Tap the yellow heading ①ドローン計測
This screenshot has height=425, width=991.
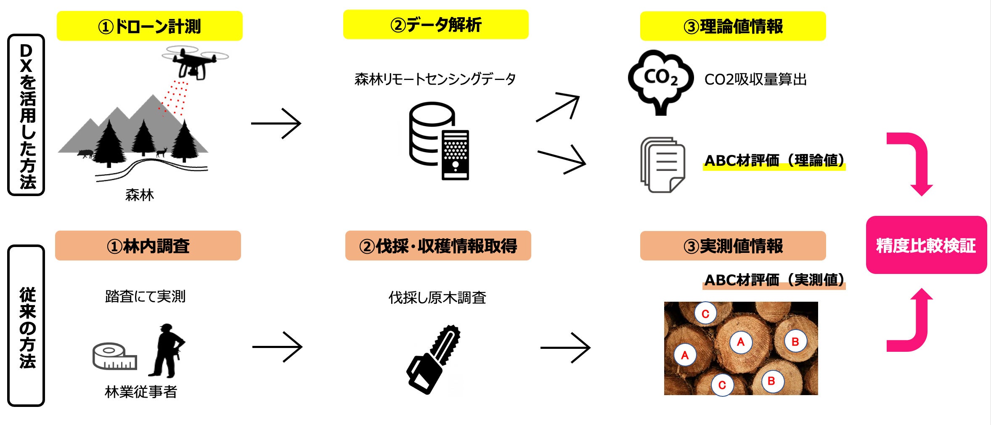(x=149, y=26)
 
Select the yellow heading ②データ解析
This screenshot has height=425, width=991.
(x=436, y=25)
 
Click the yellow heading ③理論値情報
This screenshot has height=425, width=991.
(x=733, y=26)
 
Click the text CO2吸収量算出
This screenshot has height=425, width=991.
(x=755, y=80)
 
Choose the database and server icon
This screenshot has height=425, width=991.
(x=439, y=141)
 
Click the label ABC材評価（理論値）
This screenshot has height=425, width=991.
(x=774, y=161)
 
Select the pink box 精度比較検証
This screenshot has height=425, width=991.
(x=926, y=245)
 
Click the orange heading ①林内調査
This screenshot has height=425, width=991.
(x=148, y=246)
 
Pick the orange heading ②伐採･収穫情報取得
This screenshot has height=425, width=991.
(x=438, y=246)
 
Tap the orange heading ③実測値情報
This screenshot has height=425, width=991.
(x=733, y=246)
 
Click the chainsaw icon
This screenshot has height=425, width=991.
(x=433, y=360)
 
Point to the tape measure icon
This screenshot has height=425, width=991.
(x=115, y=356)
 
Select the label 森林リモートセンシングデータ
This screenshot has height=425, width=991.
(x=435, y=79)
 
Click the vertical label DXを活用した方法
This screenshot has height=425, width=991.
(x=26, y=115)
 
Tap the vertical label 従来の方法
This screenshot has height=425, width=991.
(x=26, y=327)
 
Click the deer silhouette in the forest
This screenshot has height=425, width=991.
(x=162, y=152)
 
